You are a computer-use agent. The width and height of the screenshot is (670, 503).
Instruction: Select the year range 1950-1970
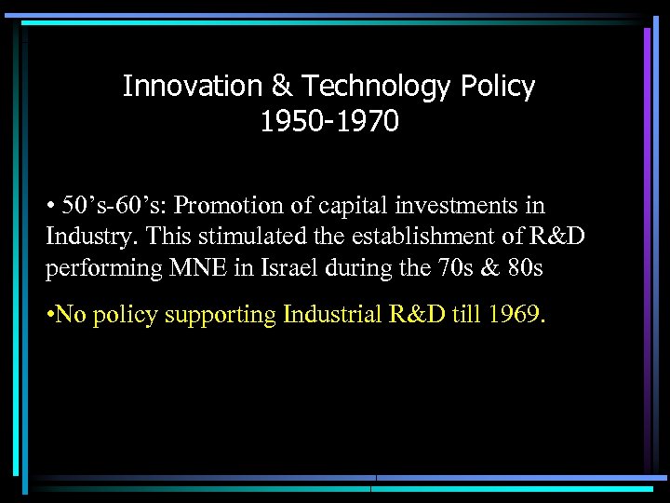click(329, 121)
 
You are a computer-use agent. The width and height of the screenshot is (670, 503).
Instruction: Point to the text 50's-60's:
click(96, 205)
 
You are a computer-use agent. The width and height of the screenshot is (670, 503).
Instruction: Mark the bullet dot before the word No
click(50, 316)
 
